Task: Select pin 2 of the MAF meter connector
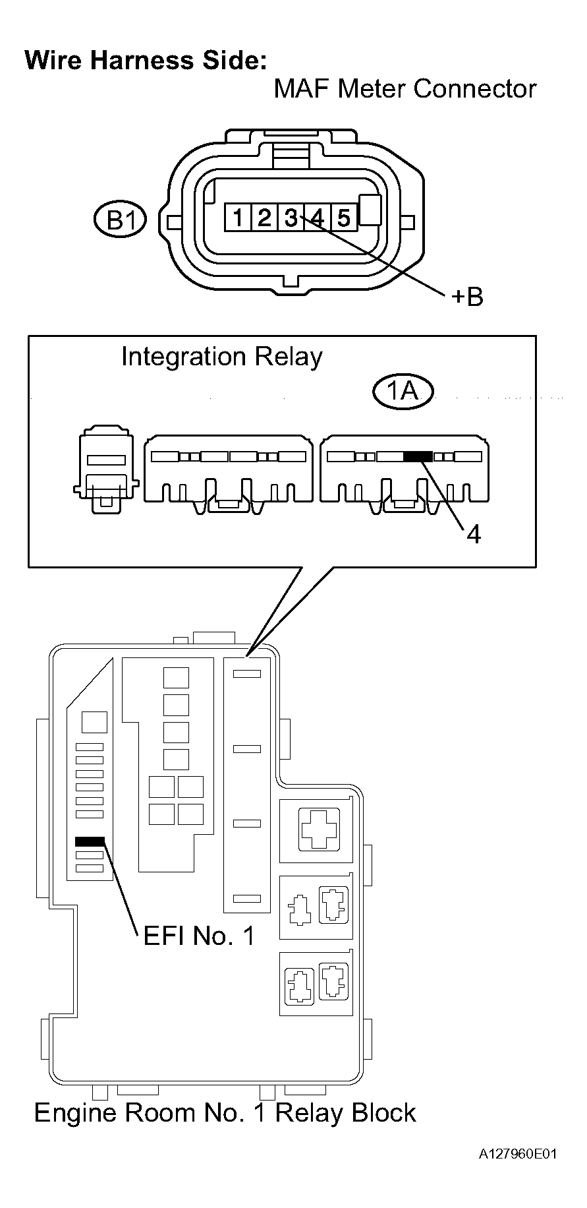pyautogui.click(x=264, y=217)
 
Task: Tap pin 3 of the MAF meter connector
pyautogui.click(x=291, y=217)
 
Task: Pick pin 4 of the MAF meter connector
pyautogui.click(x=317, y=217)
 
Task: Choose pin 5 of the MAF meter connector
pyautogui.click(x=343, y=217)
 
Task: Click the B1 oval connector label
pyautogui.click(x=120, y=220)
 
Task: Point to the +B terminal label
pyautogui.click(x=467, y=297)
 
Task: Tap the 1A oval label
pyautogui.click(x=403, y=392)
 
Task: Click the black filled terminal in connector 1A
pyautogui.click(x=418, y=456)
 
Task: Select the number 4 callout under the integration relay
pyautogui.click(x=473, y=534)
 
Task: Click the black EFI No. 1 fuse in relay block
pyautogui.click(x=90, y=841)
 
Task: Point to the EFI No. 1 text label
pyautogui.click(x=199, y=935)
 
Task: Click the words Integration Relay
pyautogui.click(x=222, y=357)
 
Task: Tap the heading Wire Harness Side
pyautogui.click(x=146, y=61)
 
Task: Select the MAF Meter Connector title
pyautogui.click(x=405, y=89)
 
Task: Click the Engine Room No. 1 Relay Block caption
pyautogui.click(x=225, y=1112)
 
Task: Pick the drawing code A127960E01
pyautogui.click(x=518, y=1154)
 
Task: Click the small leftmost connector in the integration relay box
pyautogui.click(x=106, y=470)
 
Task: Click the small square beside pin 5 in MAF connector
pyautogui.click(x=372, y=210)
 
